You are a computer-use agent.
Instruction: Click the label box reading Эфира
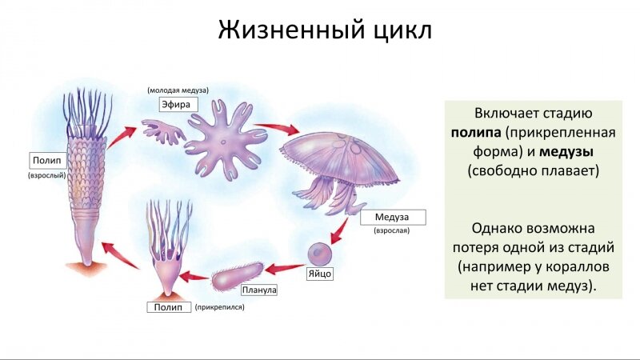click(x=178, y=105)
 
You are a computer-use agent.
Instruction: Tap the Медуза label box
click(x=393, y=217)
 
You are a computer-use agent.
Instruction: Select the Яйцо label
click(x=319, y=274)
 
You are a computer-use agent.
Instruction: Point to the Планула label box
click(x=258, y=290)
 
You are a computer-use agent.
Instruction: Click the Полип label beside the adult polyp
click(x=47, y=161)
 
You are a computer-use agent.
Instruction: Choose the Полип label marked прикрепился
click(x=169, y=307)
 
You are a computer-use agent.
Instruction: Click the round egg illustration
click(x=319, y=254)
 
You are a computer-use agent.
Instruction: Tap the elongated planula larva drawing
click(x=238, y=276)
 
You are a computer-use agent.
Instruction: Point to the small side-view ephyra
click(x=162, y=130)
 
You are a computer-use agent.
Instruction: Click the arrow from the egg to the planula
click(x=285, y=269)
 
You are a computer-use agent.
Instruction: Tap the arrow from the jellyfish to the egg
click(x=339, y=230)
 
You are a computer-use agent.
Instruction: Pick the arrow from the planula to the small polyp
click(x=194, y=277)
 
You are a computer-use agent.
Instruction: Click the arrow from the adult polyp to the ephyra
click(x=122, y=137)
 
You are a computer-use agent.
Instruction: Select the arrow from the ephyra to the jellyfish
click(x=276, y=129)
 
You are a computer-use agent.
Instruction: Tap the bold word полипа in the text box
click(x=476, y=133)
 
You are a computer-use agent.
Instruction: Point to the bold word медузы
click(x=566, y=152)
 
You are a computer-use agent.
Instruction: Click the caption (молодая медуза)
click(x=178, y=90)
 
